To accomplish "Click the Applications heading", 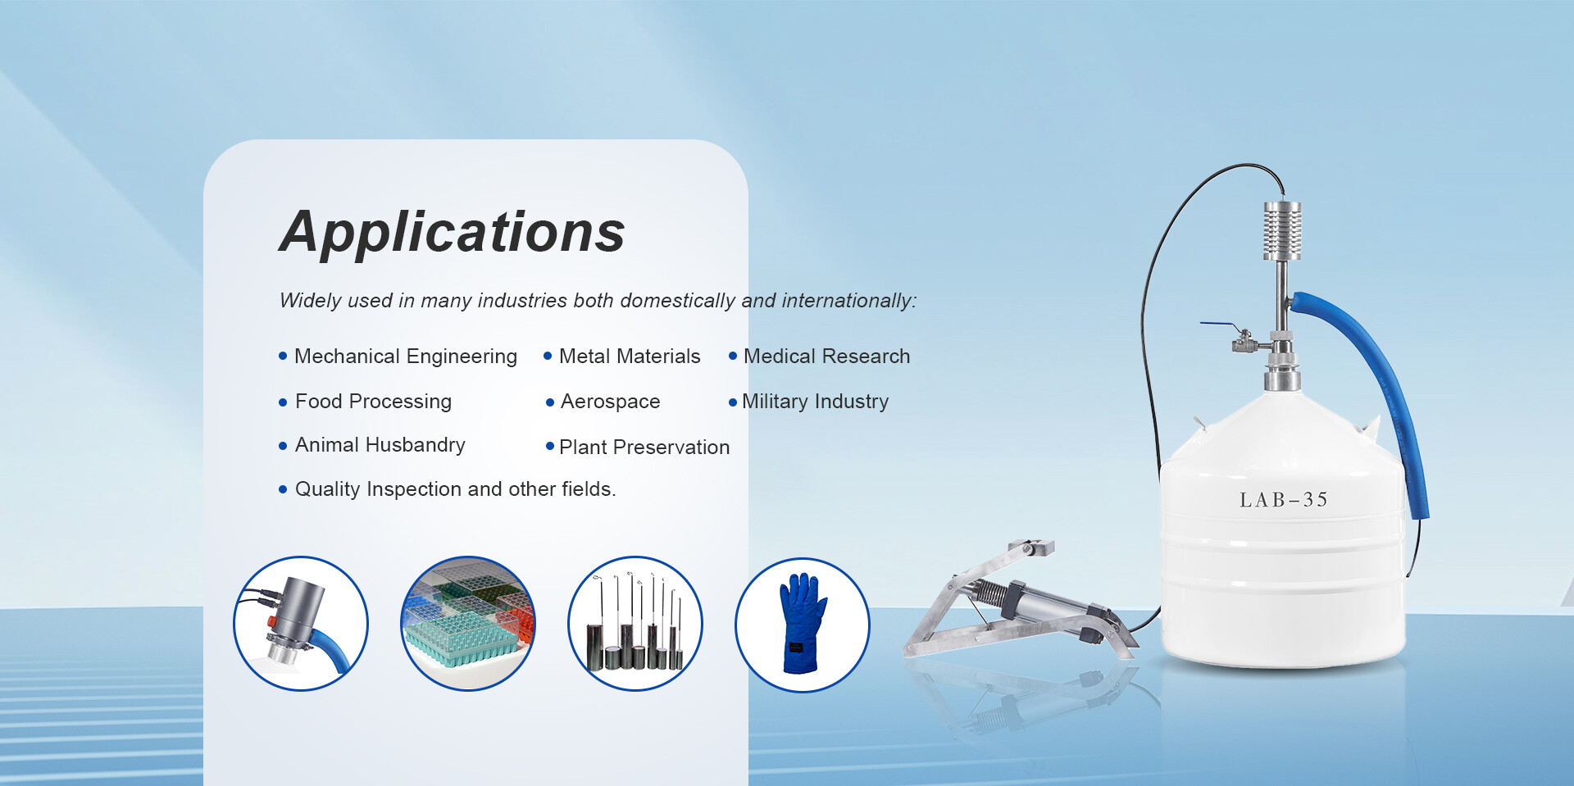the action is [x=453, y=232].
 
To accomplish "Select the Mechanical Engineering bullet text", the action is [x=406, y=357].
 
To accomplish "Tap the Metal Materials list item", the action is [x=630, y=357].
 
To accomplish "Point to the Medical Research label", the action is [x=826, y=357].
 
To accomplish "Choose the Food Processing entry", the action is [x=373, y=402].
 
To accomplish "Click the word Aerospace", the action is [x=611, y=402].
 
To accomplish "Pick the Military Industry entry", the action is [x=815, y=402].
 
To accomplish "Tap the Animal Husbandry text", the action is [x=380, y=445].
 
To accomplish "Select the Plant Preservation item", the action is [x=644, y=448].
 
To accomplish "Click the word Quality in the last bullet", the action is [x=328, y=489].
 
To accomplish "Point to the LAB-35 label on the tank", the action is [x=1283, y=500].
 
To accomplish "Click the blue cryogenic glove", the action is [x=803, y=623].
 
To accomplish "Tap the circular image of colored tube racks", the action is [x=468, y=624].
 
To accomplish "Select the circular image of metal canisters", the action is [x=635, y=624].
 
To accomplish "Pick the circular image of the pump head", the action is [x=301, y=624].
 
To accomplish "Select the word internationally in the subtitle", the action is [x=848, y=301].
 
